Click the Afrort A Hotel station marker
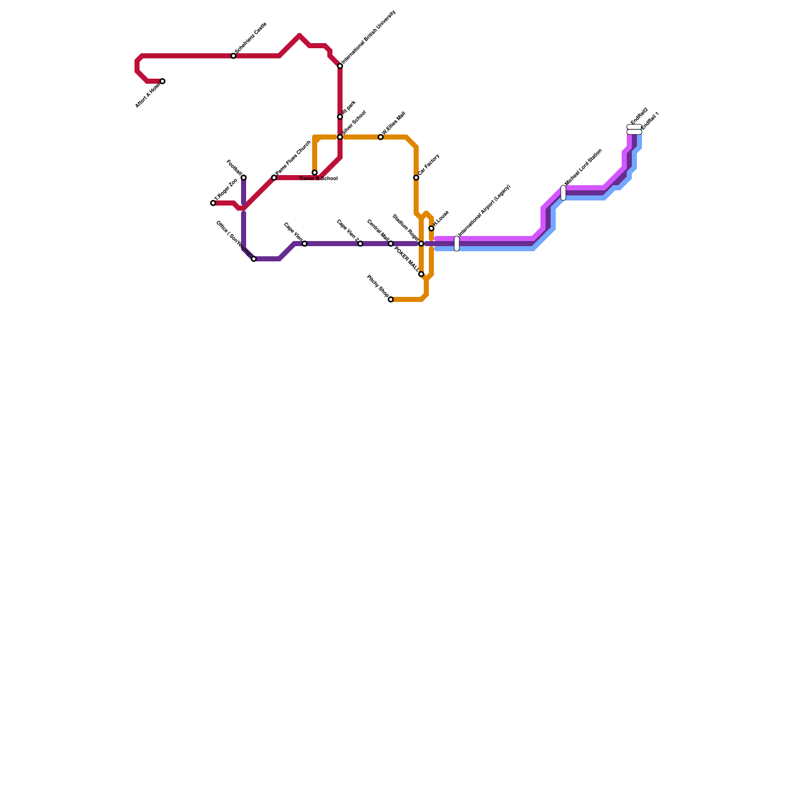point(162,81)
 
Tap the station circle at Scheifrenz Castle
point(233,56)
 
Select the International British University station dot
point(340,66)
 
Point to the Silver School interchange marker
point(340,137)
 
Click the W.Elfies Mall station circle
point(381,137)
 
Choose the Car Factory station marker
point(416,178)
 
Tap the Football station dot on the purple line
point(244,178)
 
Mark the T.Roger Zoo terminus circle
point(213,203)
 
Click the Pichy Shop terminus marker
point(391,299)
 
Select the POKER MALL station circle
point(421,274)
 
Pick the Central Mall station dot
point(391,244)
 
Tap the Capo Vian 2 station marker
point(360,244)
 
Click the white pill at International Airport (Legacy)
point(457,244)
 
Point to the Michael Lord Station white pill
point(563,193)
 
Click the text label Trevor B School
point(319,179)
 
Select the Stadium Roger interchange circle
point(421,244)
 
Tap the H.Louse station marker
point(431,228)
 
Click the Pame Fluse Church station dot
point(274,178)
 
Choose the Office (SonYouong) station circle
point(254,259)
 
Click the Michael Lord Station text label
point(583,167)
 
